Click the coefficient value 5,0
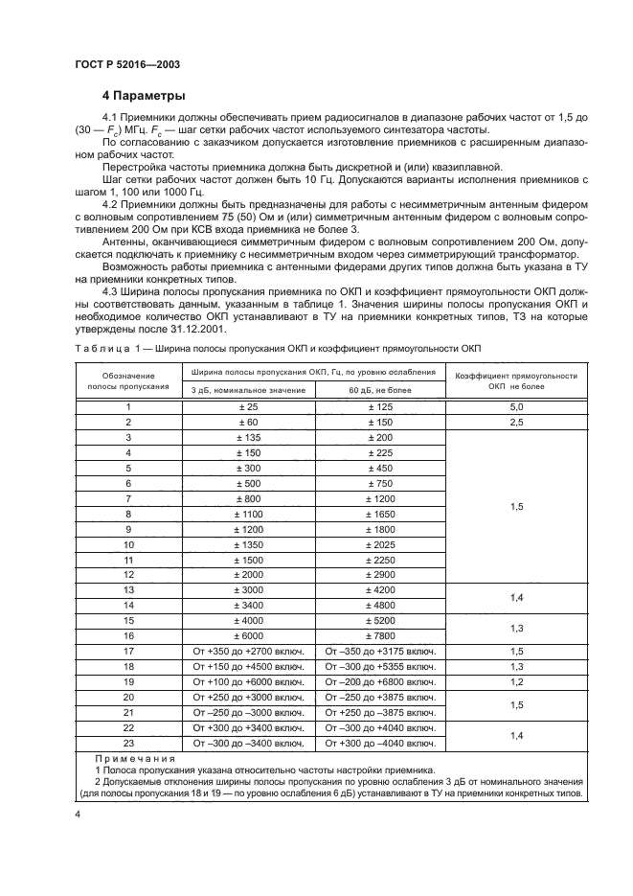click(516, 407)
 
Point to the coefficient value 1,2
click(516, 681)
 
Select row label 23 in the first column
click(128, 743)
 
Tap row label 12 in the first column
click(128, 574)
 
